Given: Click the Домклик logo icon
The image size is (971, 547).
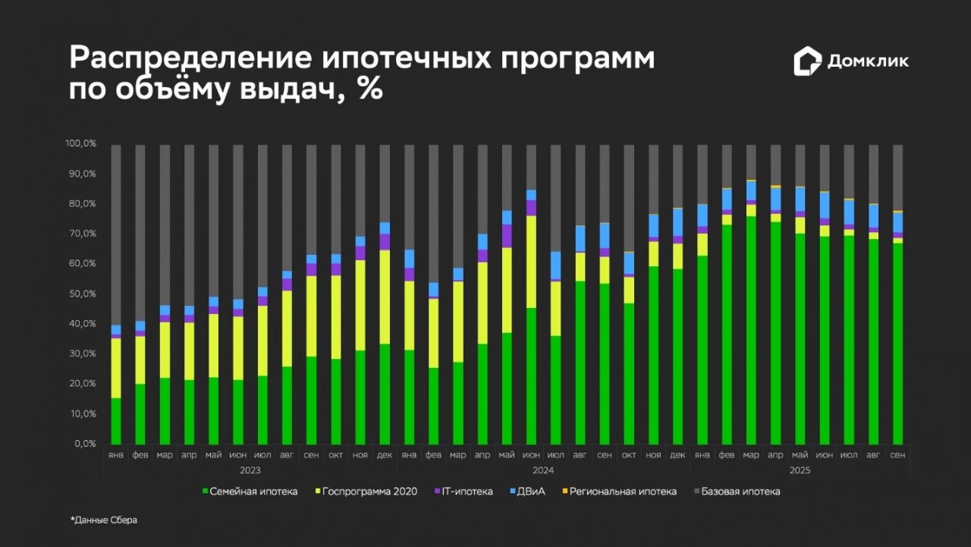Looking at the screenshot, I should coord(807,61).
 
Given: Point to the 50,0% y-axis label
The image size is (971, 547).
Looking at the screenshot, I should coord(81,294).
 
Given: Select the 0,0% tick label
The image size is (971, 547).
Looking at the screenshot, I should coord(83,444).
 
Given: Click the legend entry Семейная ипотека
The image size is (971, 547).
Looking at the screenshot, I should coord(250,492).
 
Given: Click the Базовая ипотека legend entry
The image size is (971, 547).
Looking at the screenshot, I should coord(737,492).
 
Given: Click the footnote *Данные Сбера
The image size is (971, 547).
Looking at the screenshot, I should coord(104,520).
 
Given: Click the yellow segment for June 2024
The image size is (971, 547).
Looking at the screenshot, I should coord(531,262).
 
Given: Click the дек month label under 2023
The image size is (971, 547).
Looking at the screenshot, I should coord(385,454).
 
